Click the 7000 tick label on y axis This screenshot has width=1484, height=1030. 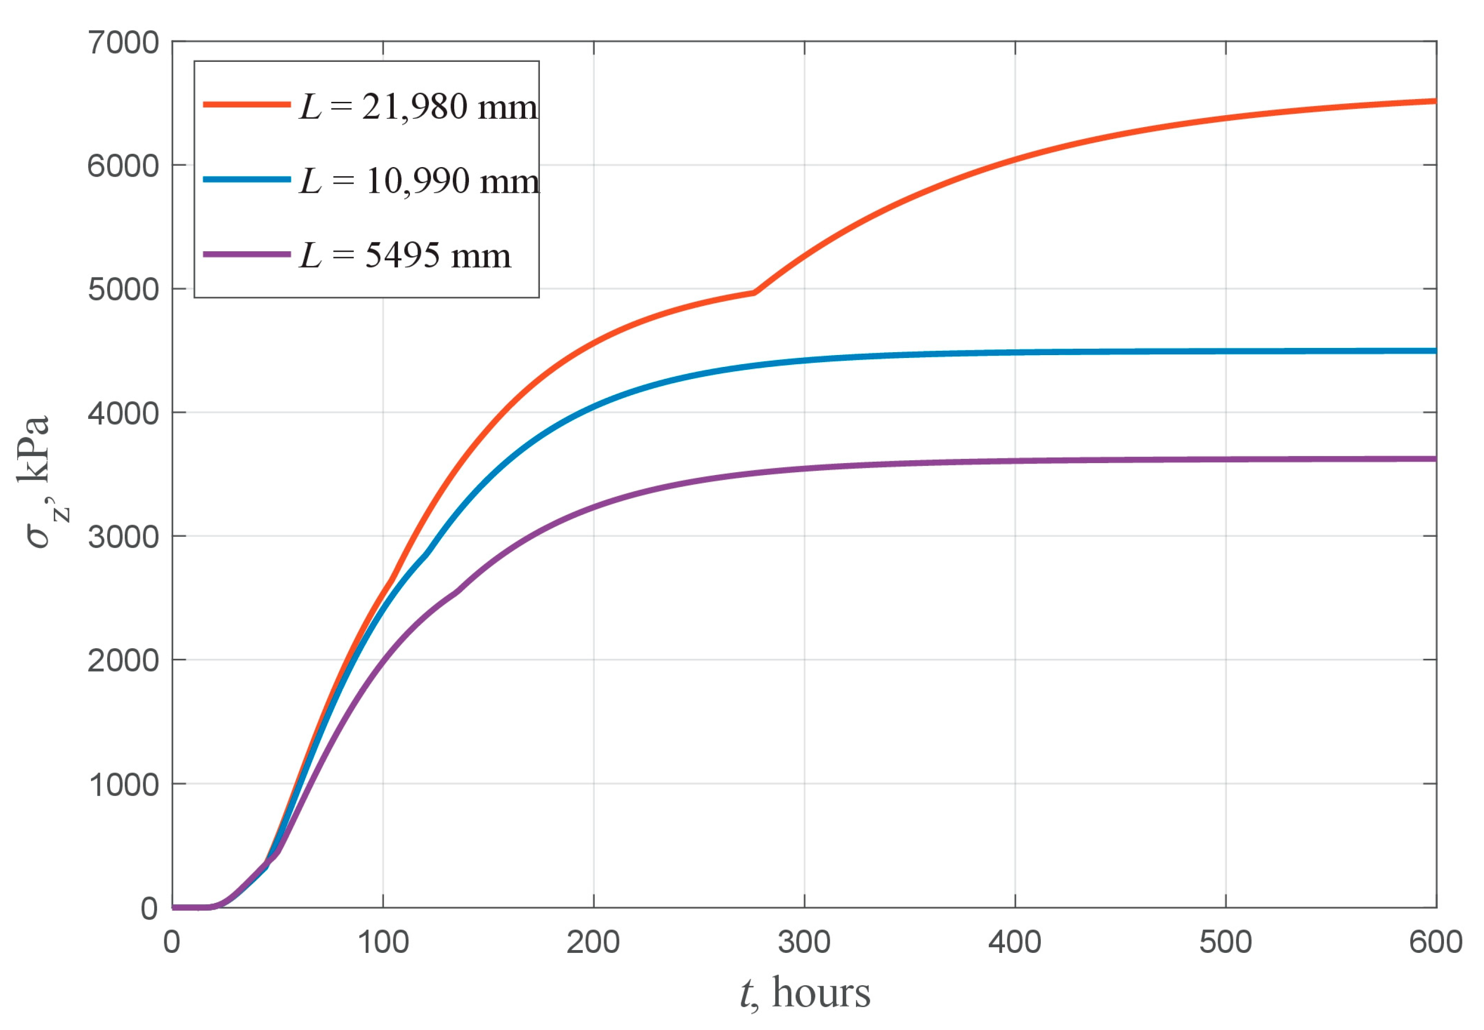click(x=123, y=43)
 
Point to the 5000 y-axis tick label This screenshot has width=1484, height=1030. click(x=123, y=290)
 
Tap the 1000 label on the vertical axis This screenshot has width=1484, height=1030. click(x=123, y=785)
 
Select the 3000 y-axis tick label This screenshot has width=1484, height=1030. click(x=123, y=537)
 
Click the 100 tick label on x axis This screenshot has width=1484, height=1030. click(x=383, y=942)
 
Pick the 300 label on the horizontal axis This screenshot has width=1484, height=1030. click(x=804, y=942)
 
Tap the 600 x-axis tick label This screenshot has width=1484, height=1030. click(x=1435, y=942)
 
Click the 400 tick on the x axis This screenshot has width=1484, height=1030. click(x=1014, y=942)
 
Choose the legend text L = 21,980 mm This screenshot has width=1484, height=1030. click(x=418, y=107)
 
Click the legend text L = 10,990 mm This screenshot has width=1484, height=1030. click(x=419, y=181)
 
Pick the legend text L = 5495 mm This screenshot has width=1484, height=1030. click(x=405, y=256)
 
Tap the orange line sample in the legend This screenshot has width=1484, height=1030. click(x=247, y=104)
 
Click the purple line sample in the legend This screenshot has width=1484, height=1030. click(x=247, y=254)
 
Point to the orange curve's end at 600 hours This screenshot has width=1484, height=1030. click(x=1434, y=101)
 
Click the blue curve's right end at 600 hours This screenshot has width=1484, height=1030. click(x=1434, y=351)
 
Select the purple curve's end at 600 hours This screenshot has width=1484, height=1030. click(x=1434, y=459)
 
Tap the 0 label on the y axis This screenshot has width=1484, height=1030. click(x=149, y=909)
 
